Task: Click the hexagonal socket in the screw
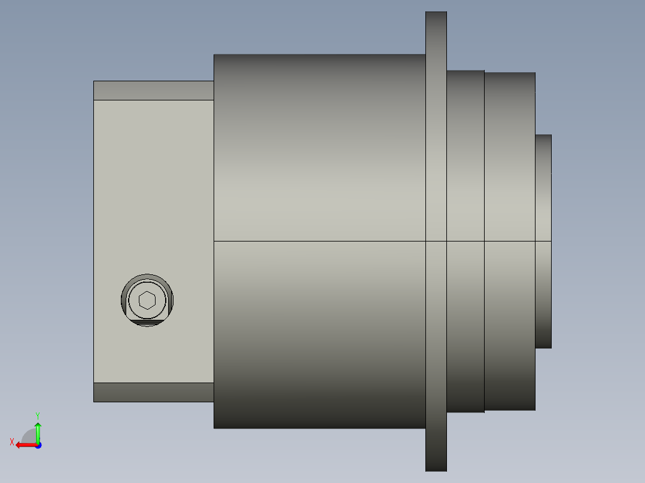coord(147,300)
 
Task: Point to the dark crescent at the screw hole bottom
coord(147,323)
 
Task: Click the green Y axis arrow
coord(38,432)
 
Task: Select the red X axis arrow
coord(26,445)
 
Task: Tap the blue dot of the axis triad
coord(38,445)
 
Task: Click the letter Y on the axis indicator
coord(38,415)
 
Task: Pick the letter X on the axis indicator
coord(12,442)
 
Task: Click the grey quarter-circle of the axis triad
coord(29,436)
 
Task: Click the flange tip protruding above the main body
coord(436,33)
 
